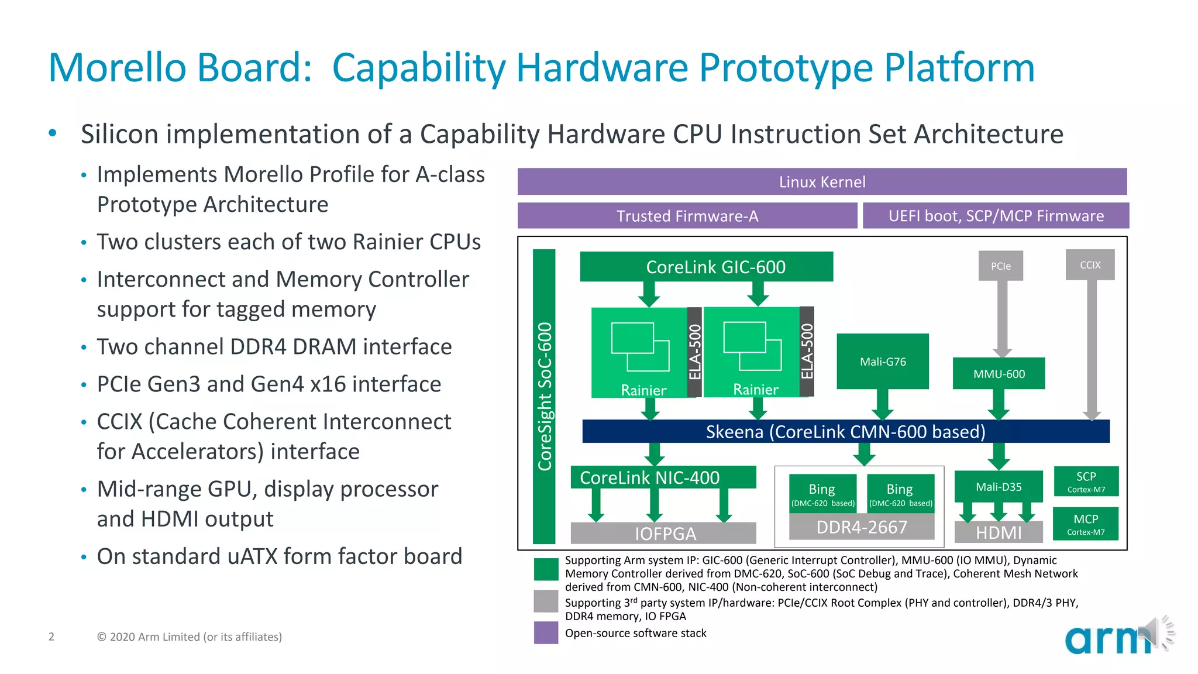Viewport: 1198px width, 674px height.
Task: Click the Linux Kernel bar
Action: pyautogui.click(x=822, y=182)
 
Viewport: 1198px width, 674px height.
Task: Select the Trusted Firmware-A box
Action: pyautogui.click(x=687, y=216)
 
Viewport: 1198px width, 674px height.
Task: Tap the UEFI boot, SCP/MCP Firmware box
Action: pyautogui.click(x=996, y=216)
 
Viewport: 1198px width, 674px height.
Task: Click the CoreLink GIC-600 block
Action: pyautogui.click(x=706, y=267)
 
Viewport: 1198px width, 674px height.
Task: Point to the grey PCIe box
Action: pyautogui.click(x=1000, y=266)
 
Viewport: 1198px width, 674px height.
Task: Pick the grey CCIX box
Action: pyautogui.click(x=1090, y=265)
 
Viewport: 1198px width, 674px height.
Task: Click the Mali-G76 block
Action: pyautogui.click(x=882, y=362)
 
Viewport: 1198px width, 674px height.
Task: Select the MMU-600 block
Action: pyautogui.click(x=999, y=374)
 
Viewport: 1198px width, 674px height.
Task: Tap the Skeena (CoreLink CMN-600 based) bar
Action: pyautogui.click(x=845, y=432)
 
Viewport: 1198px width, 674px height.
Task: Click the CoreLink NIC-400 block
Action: pyautogui.click(x=663, y=477)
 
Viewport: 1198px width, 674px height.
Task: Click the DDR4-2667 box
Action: pyautogui.click(x=861, y=527)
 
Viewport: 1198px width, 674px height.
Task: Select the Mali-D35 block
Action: pyautogui.click(x=998, y=487)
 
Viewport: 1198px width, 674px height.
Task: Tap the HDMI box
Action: pyautogui.click(x=998, y=532)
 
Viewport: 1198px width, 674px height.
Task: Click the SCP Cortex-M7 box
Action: pyautogui.click(x=1086, y=482)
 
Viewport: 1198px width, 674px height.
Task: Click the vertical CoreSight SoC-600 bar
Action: pyautogui.click(x=544, y=396)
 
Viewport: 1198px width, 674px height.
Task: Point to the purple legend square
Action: pyautogui.click(x=546, y=632)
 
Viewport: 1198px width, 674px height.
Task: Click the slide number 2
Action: pyautogui.click(x=51, y=637)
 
